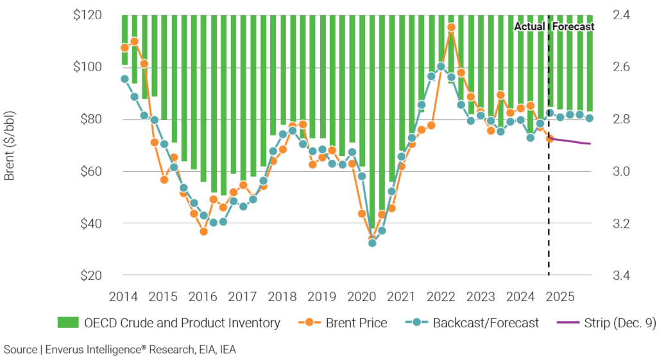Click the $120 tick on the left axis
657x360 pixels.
point(87,15)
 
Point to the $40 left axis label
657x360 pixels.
point(90,223)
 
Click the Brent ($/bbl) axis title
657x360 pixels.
point(10,145)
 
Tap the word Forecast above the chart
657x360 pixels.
point(574,27)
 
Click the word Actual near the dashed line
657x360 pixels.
point(530,27)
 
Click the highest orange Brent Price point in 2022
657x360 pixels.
point(451,28)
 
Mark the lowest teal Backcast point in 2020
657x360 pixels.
point(372,243)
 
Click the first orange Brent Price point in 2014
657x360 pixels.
point(124,47)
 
